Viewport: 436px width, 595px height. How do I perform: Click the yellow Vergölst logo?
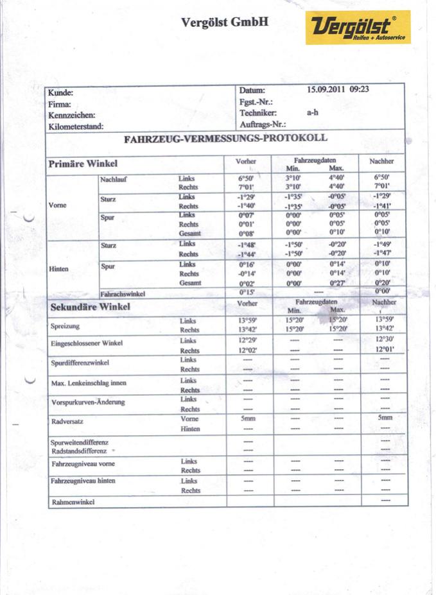click(357, 27)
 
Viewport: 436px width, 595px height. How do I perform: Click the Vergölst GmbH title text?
click(224, 22)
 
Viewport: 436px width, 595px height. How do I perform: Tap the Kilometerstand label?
click(76, 127)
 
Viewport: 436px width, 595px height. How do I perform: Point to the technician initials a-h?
click(313, 112)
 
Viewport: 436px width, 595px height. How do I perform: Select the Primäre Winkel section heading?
click(83, 164)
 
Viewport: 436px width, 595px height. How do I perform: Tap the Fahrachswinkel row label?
click(123, 294)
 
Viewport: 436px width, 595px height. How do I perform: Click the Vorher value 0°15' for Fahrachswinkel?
click(247, 293)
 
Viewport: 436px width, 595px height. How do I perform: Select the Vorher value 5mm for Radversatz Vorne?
click(248, 418)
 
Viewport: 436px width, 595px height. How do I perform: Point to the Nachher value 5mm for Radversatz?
click(385, 418)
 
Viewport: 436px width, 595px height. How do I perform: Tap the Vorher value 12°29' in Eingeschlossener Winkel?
click(247, 340)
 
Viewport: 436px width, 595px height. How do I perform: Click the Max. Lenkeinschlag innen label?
click(88, 383)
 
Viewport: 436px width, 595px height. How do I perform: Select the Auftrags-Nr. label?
click(262, 123)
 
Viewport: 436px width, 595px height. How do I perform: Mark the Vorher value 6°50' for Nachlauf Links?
click(247, 177)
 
